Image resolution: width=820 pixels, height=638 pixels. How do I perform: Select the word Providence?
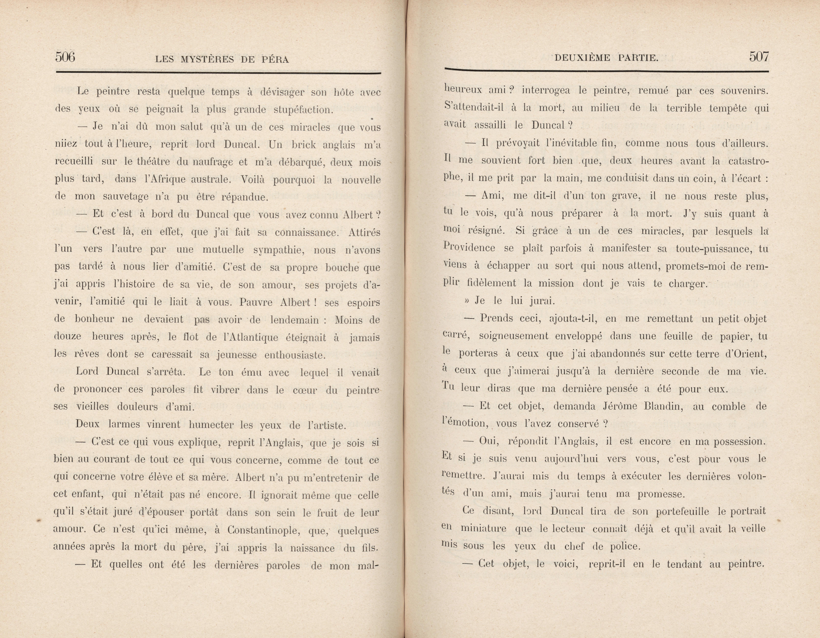point(469,248)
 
